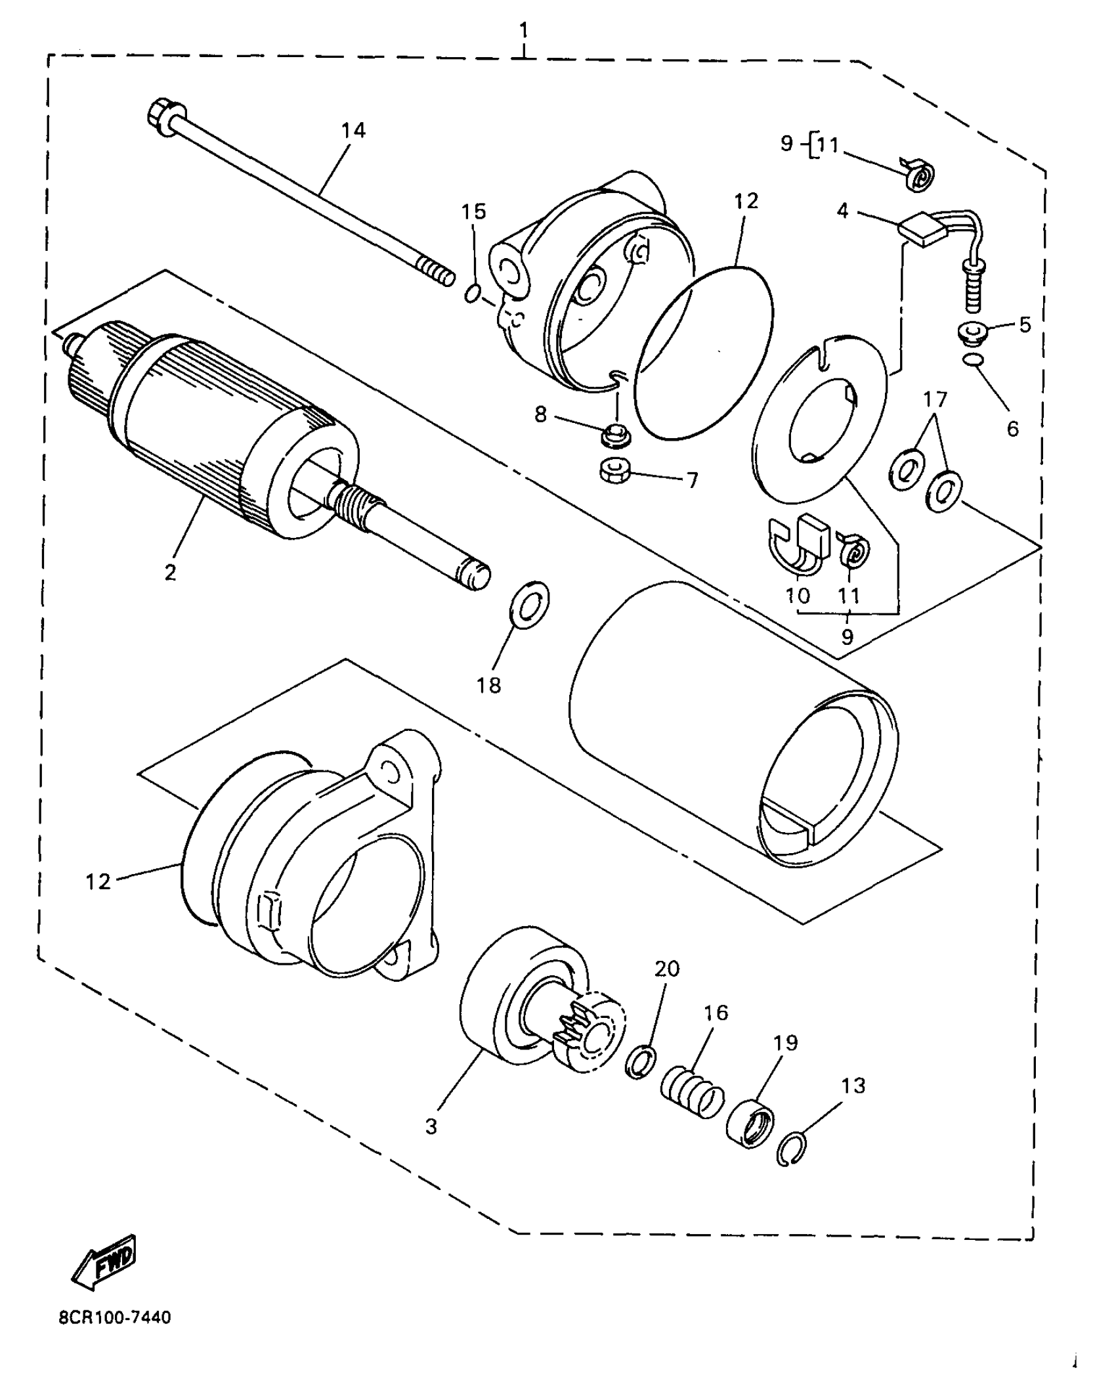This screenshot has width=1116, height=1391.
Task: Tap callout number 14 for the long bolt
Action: [x=353, y=131]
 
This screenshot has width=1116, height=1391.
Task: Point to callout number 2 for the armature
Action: [x=171, y=572]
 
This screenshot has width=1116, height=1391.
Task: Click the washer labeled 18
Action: [x=530, y=604]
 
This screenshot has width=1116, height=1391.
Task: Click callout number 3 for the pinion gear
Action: [x=431, y=1127]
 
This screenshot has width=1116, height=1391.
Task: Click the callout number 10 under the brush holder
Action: [x=797, y=595]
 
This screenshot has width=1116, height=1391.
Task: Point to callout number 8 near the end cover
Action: [x=540, y=415]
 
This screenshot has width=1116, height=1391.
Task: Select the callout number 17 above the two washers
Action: [x=936, y=399]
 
